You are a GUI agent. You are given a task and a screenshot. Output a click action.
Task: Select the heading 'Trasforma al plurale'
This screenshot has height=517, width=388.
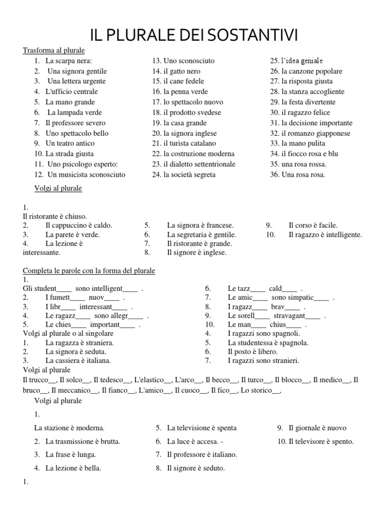coord(54,50)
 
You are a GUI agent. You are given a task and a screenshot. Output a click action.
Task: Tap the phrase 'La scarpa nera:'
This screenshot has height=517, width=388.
coord(69,61)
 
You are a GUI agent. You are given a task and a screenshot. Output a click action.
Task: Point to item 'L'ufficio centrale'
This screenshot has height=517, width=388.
coord(71,92)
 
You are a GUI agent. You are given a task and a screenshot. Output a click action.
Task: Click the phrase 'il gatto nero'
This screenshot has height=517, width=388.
coord(182,71)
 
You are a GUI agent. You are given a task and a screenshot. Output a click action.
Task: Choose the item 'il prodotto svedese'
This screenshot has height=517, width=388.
coord(192,113)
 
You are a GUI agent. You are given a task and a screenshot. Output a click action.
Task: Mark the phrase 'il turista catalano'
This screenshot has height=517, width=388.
coord(189,143)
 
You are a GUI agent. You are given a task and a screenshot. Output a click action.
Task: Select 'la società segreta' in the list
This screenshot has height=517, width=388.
coord(189,175)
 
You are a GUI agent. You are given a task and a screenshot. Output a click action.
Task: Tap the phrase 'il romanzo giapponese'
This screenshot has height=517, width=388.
coord(316,133)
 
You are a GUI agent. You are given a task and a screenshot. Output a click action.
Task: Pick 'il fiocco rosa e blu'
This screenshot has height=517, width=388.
coord(310,154)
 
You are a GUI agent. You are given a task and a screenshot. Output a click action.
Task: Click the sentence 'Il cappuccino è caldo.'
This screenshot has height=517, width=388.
coord(79,225)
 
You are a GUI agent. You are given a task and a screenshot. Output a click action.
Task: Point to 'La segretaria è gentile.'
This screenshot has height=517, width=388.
coord(202,235)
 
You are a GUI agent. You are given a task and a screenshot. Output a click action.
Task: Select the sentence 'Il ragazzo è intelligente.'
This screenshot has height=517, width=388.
coord(325,235)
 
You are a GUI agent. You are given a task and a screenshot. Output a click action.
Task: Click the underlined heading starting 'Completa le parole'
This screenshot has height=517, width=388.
coord(89,271)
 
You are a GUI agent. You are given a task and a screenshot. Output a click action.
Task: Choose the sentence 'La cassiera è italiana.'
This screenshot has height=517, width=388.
coord(78,360)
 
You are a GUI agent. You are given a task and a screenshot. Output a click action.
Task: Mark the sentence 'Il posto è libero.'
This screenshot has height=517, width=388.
coord(253,351)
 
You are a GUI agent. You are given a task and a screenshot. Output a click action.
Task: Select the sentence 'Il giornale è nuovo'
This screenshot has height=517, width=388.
coord(317,428)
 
